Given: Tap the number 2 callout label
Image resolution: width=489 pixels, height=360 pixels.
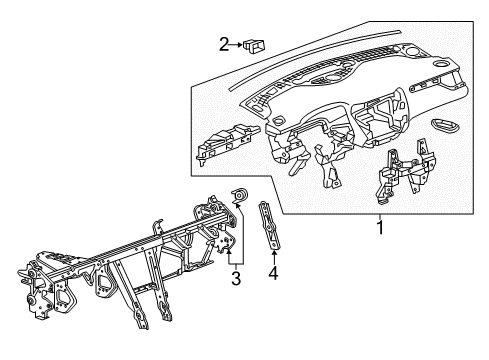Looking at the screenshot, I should (223, 43).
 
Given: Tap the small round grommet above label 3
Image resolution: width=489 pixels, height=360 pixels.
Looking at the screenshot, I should (240, 194).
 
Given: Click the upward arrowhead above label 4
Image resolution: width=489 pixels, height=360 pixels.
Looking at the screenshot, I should (273, 254).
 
